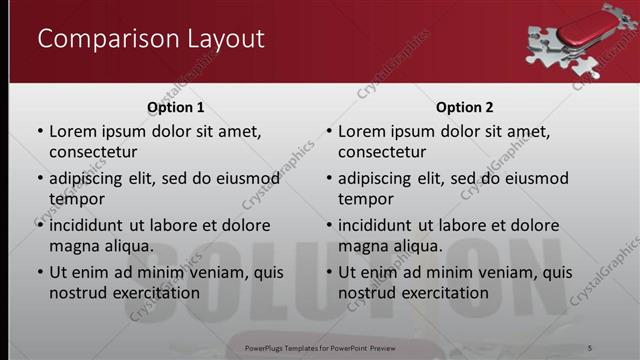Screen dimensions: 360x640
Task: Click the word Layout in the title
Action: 221,39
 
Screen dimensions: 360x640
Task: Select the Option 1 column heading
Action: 176,107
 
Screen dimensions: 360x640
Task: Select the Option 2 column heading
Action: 464,107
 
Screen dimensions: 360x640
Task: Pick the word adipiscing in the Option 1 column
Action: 91,179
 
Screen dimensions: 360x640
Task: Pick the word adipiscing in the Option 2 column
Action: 380,179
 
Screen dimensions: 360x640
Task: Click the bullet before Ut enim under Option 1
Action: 40,272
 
